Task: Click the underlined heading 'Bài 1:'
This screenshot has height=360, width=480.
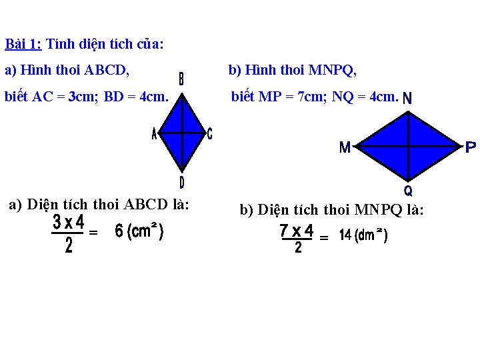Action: pyautogui.click(x=23, y=45)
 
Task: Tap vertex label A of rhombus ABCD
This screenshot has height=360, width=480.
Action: pyautogui.click(x=155, y=134)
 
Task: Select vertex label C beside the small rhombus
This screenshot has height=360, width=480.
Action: pyautogui.click(x=209, y=134)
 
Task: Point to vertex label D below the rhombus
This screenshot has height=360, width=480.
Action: pyautogui.click(x=181, y=182)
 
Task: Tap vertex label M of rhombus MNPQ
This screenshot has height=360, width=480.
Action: pyautogui.click(x=345, y=147)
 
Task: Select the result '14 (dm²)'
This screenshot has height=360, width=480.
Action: pyautogui.click(x=363, y=236)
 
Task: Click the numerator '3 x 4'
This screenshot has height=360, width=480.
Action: pyautogui.click(x=69, y=221)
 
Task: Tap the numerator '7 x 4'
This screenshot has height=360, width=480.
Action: pyautogui.click(x=297, y=231)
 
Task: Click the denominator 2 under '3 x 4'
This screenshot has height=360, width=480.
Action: pyautogui.click(x=69, y=247)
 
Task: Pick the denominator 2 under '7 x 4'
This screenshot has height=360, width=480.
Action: pyautogui.click(x=297, y=248)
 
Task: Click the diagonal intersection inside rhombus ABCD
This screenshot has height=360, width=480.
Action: pyautogui.click(x=182, y=133)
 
